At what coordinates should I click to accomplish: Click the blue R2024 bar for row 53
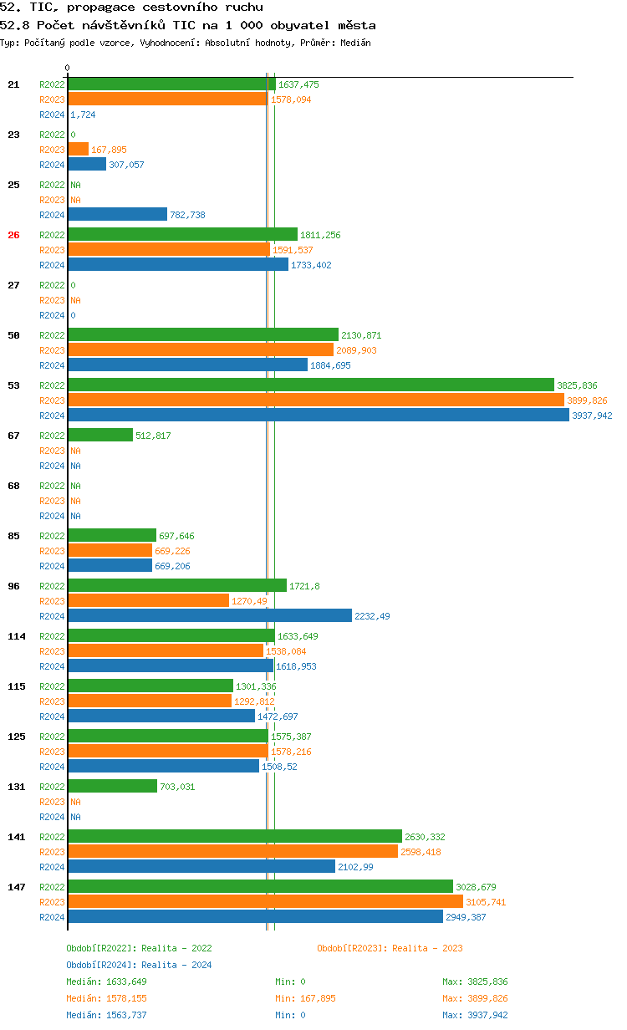pos(318,416)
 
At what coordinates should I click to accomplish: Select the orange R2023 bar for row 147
pos(265,902)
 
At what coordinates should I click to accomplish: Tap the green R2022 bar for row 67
pos(100,436)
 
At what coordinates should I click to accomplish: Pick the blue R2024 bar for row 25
pos(117,215)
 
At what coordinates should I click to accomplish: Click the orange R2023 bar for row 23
pos(79,150)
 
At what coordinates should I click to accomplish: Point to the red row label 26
pos(13,235)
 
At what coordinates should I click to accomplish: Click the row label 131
pos(16,787)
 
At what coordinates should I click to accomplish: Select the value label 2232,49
pos(372,616)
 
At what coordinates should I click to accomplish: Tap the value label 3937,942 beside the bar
pos(592,416)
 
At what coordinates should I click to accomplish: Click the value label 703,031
pos(177,787)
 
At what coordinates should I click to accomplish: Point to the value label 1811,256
pos(320,235)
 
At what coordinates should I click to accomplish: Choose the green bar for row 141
pos(234,837)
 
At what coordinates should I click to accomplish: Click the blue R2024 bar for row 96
pos(209,616)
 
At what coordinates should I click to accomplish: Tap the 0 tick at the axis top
pos(68,69)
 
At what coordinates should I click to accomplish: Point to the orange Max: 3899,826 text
pos(475,998)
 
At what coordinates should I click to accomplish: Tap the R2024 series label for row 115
pos(52,716)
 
